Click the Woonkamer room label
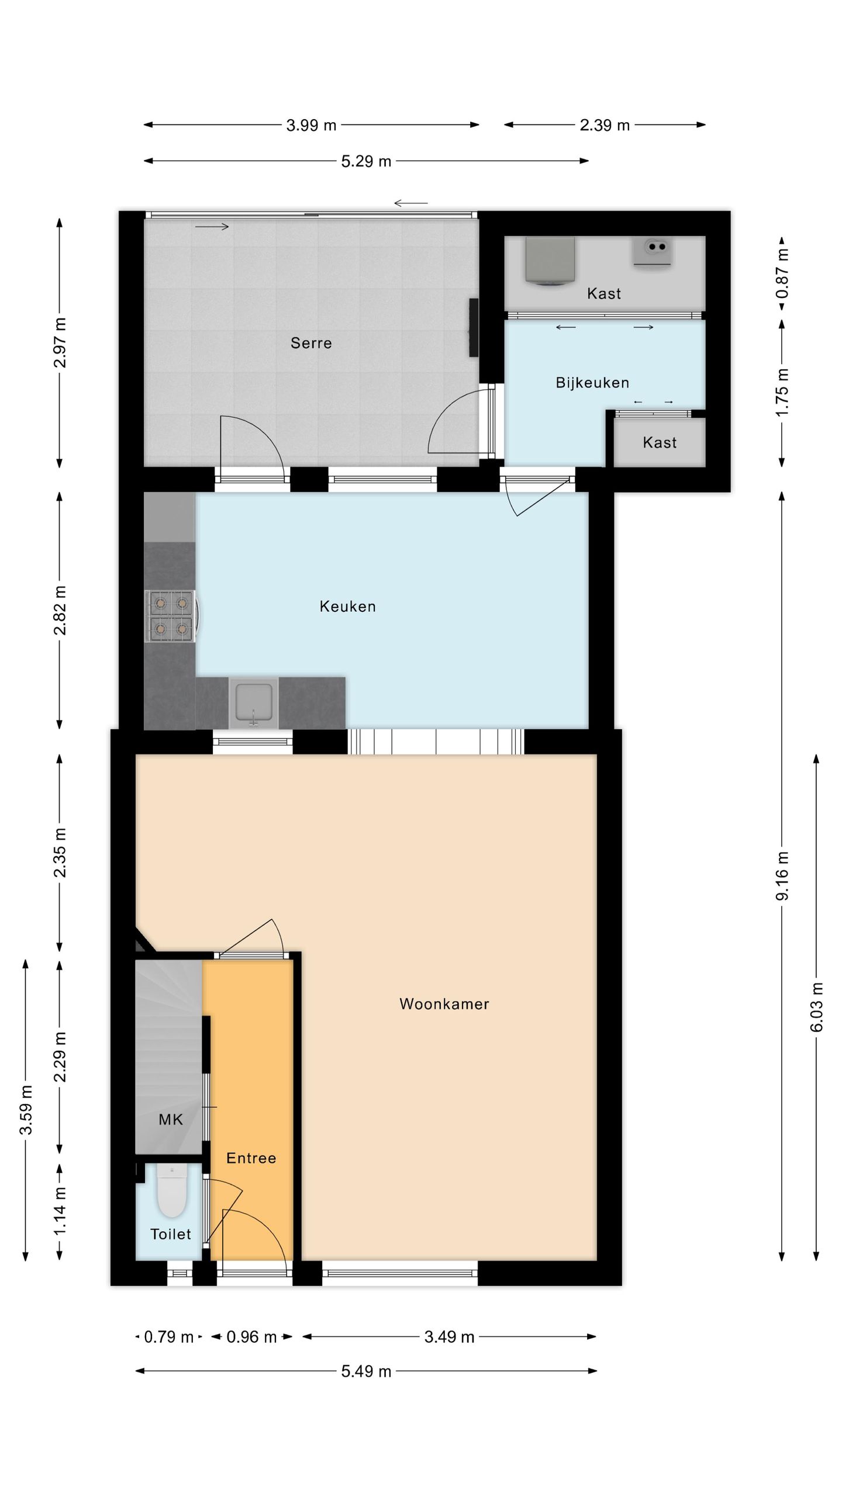pyautogui.click(x=444, y=1004)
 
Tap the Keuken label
pyautogui.click(x=347, y=607)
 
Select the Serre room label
pyautogui.click(x=311, y=343)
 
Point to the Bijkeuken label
pyautogui.click(x=592, y=383)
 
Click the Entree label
pyautogui.click(x=251, y=1158)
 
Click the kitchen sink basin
pyautogui.click(x=253, y=702)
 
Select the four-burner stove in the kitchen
pyautogui.click(x=170, y=616)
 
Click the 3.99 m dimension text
pyautogui.click(x=311, y=125)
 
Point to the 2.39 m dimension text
pyautogui.click(x=605, y=125)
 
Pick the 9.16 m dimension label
pyautogui.click(x=782, y=876)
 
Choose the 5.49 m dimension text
pyautogui.click(x=366, y=1372)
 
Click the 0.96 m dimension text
pyautogui.click(x=251, y=1337)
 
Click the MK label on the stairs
pyautogui.click(x=171, y=1120)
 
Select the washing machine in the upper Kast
pyautogui.click(x=550, y=260)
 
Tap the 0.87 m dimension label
pyautogui.click(x=782, y=273)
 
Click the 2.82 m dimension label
pyautogui.click(x=60, y=611)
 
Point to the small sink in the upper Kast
pyautogui.click(x=653, y=252)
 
